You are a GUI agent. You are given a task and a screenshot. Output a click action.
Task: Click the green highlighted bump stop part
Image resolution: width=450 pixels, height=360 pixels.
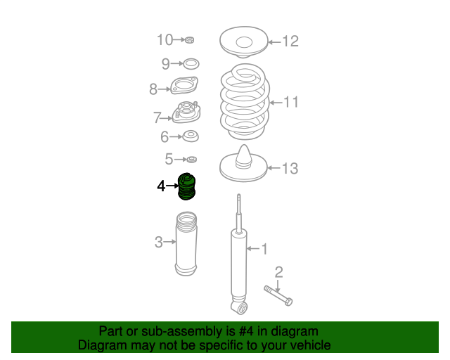186,186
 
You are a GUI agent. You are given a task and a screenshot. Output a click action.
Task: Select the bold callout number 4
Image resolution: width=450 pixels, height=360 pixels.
161,186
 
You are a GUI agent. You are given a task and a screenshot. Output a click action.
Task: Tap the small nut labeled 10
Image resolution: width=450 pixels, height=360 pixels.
189,40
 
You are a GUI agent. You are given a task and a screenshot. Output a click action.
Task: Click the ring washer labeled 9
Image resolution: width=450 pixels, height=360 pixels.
191,64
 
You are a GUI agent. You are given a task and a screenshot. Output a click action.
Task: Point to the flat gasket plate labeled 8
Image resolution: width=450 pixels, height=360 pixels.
184,85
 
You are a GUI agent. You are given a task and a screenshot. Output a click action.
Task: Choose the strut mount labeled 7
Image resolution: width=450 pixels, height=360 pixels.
186,112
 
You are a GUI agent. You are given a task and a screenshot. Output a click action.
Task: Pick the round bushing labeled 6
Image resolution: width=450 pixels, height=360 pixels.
191,136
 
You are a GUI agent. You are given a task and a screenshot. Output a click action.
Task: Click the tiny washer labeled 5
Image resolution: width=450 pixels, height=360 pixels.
191,159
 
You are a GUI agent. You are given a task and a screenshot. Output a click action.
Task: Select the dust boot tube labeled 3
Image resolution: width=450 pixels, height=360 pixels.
186,244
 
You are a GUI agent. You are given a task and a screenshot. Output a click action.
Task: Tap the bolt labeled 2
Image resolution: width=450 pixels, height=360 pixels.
278,295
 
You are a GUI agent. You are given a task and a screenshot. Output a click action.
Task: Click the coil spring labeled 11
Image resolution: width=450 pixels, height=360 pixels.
245,102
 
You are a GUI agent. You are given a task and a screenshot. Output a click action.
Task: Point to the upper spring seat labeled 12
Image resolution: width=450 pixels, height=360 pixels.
244,42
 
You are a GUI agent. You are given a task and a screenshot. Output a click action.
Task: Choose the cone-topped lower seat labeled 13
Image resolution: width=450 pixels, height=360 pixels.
243,165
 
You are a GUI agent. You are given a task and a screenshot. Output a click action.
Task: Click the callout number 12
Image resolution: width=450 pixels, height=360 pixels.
290,41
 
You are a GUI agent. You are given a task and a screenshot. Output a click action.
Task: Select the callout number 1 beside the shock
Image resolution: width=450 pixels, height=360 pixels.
264,249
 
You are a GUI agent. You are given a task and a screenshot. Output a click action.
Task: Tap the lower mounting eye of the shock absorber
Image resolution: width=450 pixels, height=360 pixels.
240,308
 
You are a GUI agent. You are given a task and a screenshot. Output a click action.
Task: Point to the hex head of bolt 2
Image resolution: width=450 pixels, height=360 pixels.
288,302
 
